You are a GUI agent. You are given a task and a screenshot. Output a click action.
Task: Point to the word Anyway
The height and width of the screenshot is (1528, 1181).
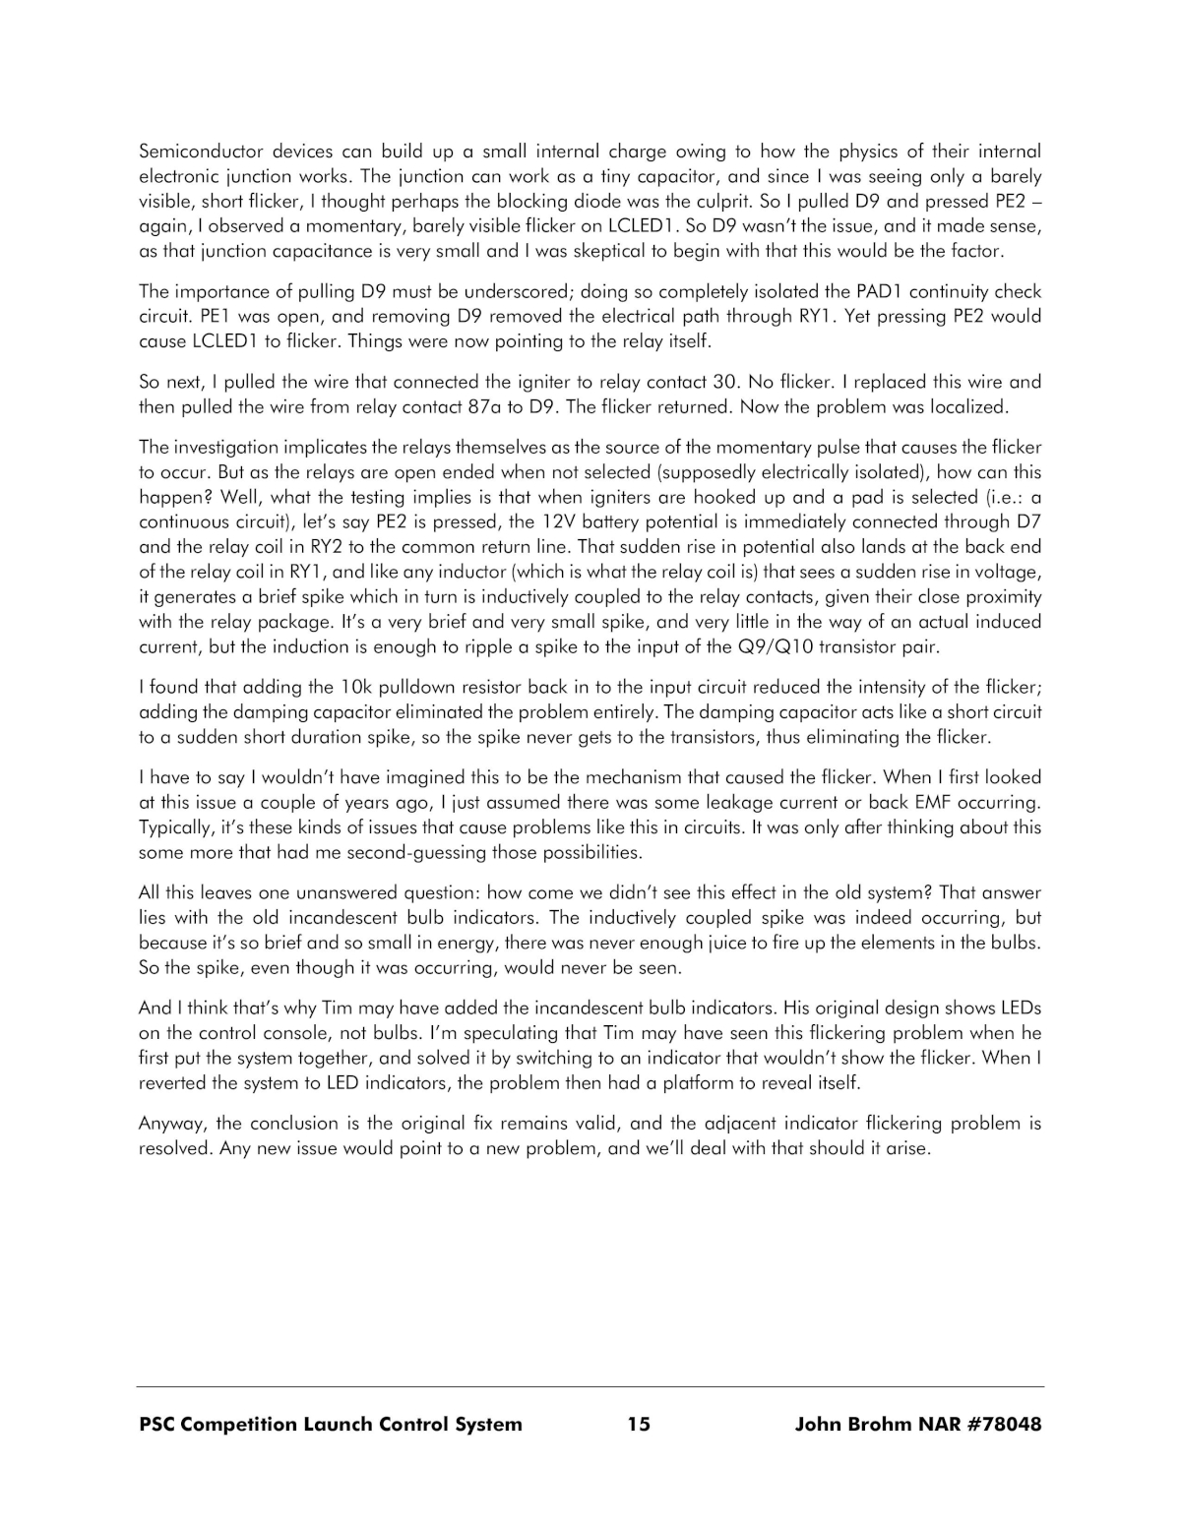pos(171,1124)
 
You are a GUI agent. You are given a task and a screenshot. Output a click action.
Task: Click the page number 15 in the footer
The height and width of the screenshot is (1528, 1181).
pos(638,1424)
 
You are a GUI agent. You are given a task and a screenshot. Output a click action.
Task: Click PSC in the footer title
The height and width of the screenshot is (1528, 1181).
pos(160,1424)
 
